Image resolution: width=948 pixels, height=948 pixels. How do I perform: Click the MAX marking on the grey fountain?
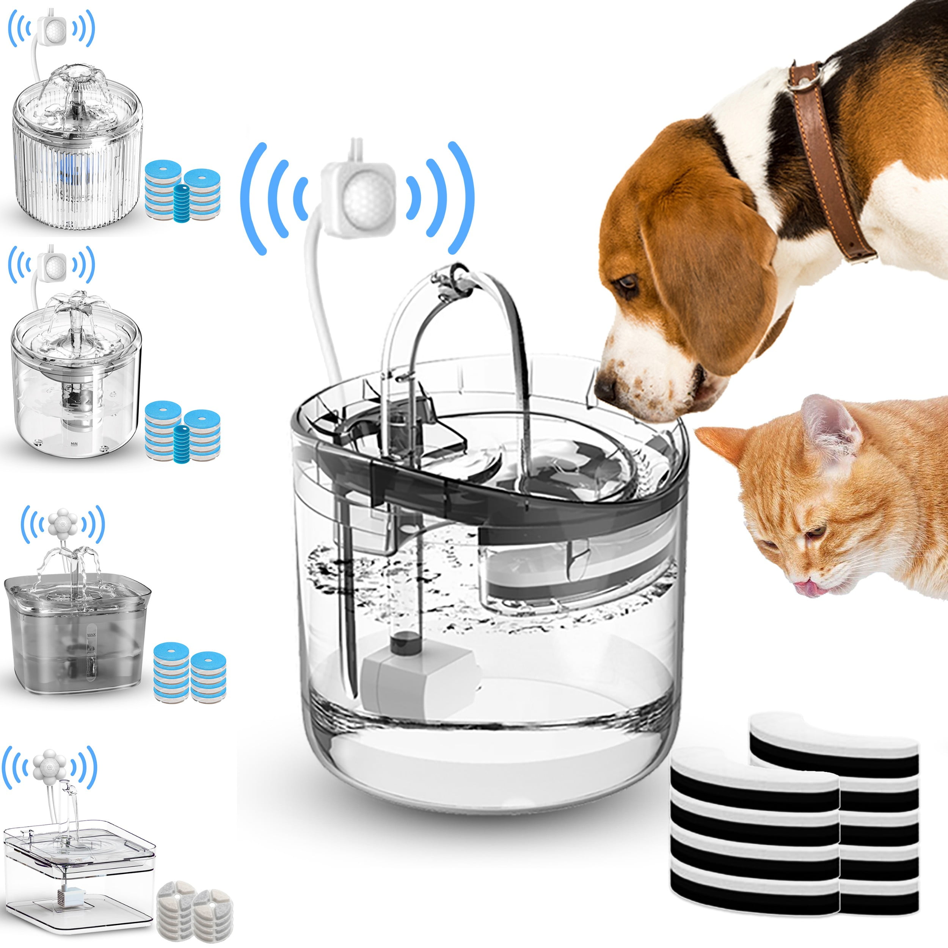point(91,634)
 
